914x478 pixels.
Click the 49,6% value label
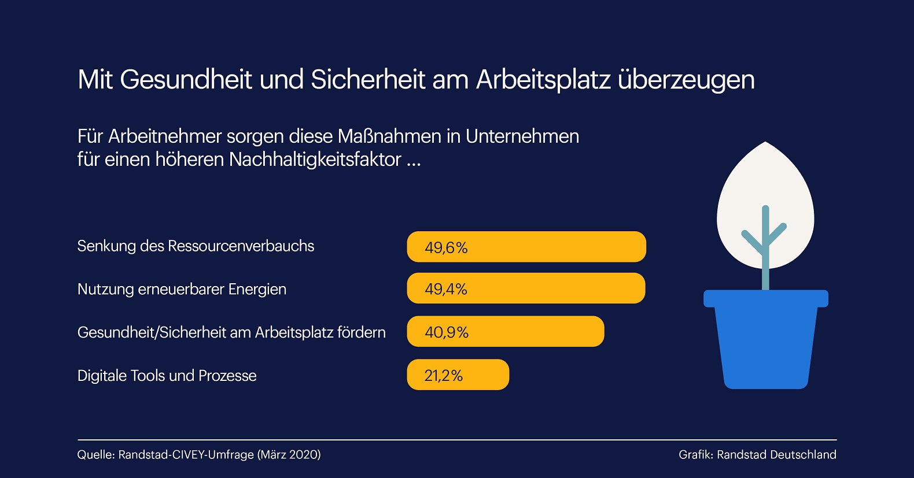click(x=446, y=247)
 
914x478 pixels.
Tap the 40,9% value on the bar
click(x=447, y=332)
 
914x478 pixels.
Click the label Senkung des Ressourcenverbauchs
click(x=196, y=246)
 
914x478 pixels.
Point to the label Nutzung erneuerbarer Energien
click(x=182, y=289)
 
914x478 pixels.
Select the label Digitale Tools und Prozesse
click(x=167, y=376)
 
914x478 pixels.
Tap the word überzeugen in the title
click(x=686, y=80)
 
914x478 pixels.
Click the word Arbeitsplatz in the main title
click(x=543, y=80)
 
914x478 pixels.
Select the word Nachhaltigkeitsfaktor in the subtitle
click(x=315, y=160)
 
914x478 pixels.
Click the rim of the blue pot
click(x=765, y=298)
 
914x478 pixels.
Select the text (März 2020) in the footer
click(x=289, y=455)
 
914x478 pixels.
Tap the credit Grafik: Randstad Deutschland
click(x=757, y=455)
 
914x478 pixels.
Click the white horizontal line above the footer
click(x=457, y=440)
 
